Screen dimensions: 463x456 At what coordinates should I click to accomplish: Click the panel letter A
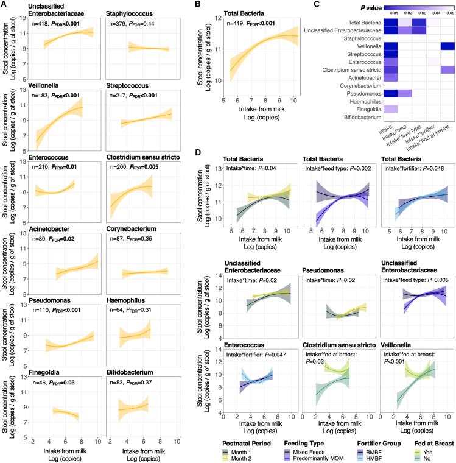coord(4,5)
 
